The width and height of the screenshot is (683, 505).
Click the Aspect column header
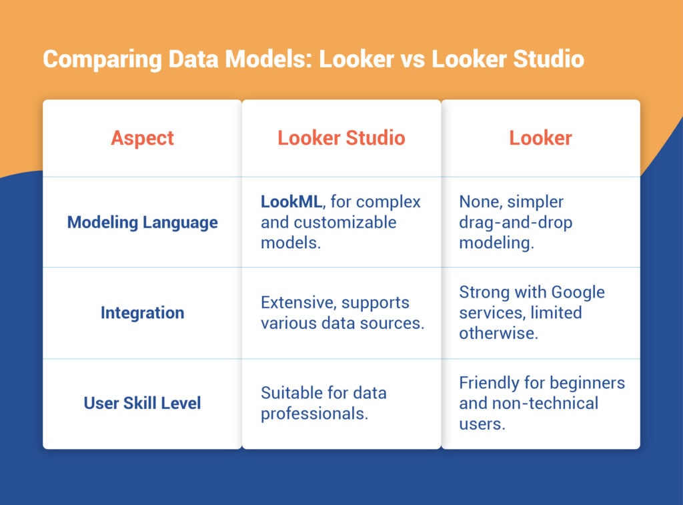click(142, 138)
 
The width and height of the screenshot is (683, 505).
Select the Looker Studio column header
click(341, 138)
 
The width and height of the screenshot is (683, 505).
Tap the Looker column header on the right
click(540, 138)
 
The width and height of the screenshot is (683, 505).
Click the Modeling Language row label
click(142, 222)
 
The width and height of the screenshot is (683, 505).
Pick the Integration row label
click(142, 313)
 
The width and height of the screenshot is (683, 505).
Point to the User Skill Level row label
click(142, 403)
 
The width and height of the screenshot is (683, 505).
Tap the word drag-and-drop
click(516, 223)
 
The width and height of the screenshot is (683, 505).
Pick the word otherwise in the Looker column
click(498, 333)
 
